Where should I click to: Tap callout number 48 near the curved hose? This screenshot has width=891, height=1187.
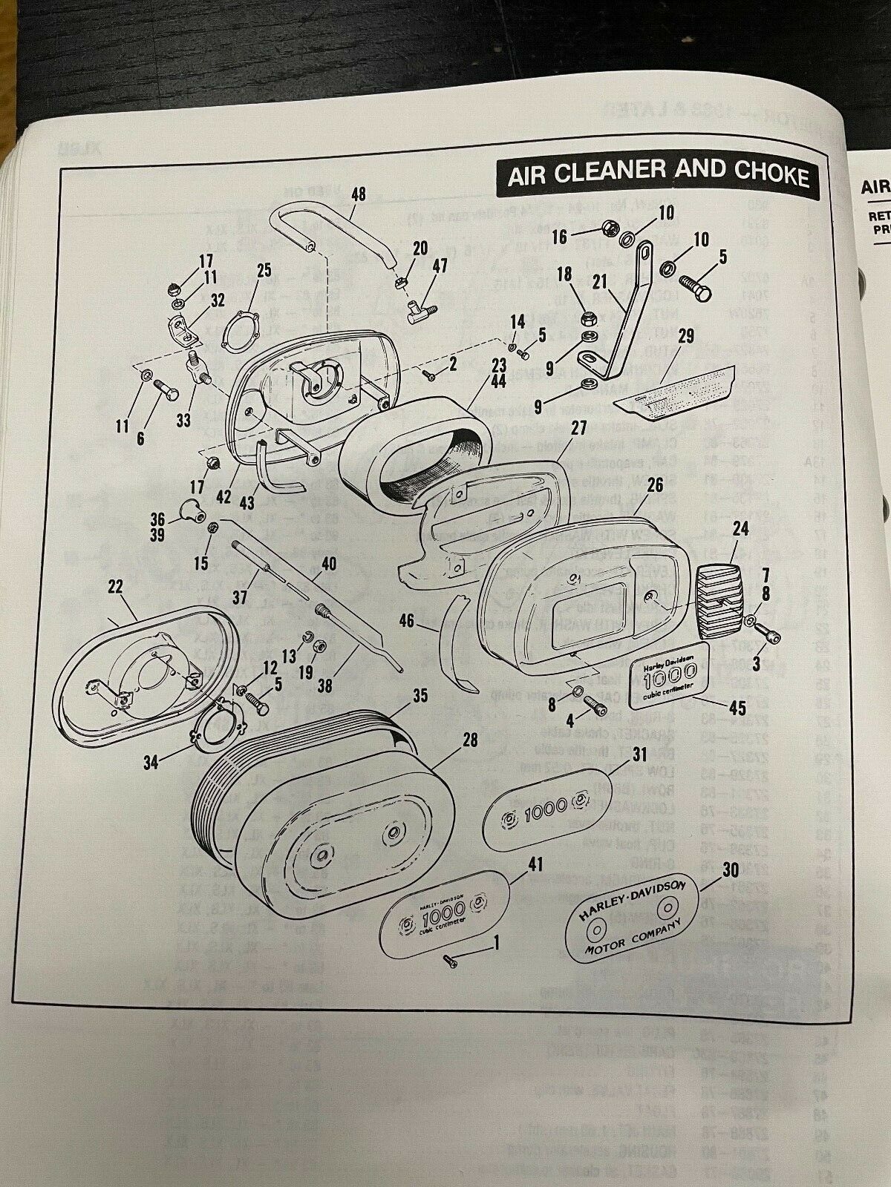click(358, 195)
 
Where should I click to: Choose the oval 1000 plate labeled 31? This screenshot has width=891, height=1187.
click(547, 806)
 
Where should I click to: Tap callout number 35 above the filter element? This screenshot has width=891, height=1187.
click(420, 696)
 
